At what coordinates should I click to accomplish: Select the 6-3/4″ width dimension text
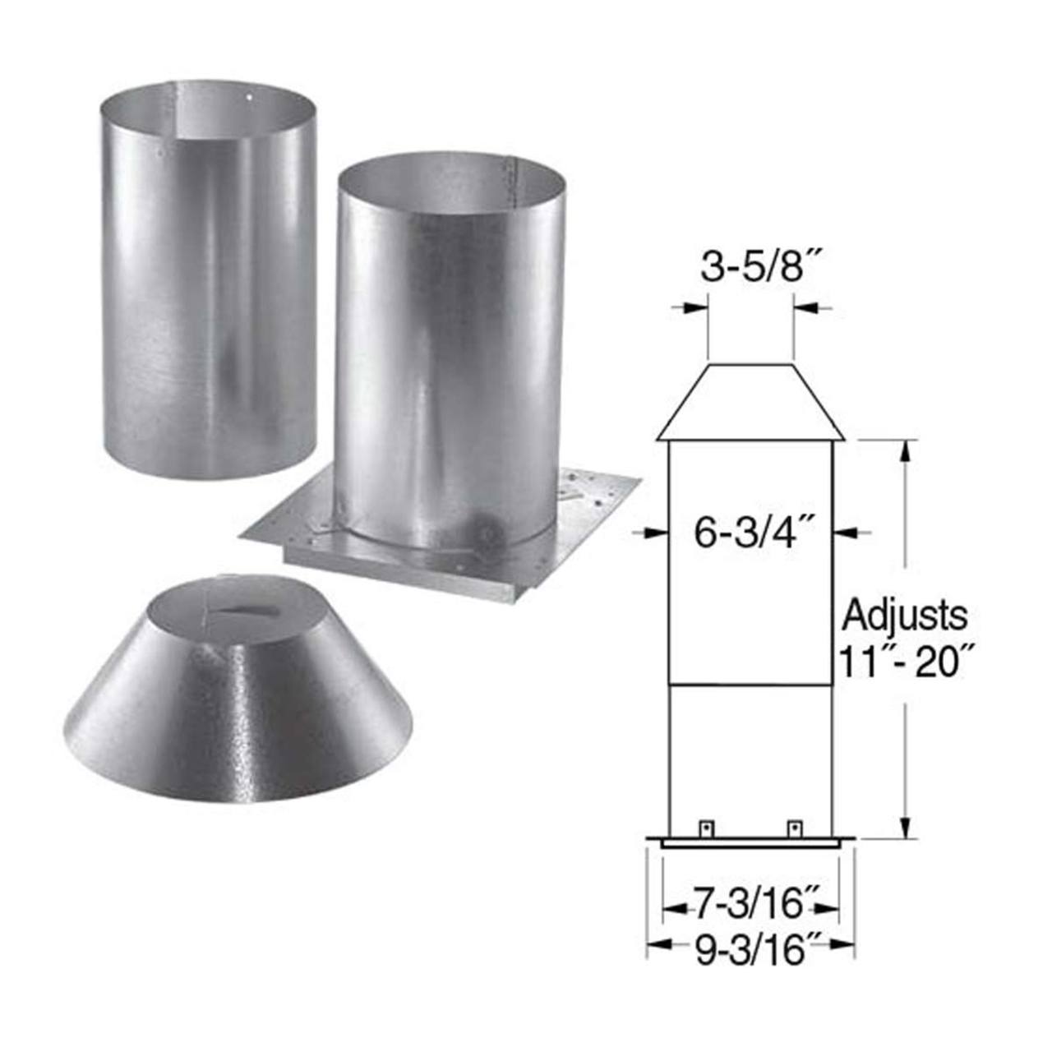pos(750,533)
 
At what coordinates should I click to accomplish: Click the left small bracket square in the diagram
pos(704,828)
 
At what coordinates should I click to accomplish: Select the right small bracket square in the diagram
pos(794,828)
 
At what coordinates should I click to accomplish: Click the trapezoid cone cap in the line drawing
pos(750,403)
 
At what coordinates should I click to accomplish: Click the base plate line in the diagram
pos(750,842)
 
